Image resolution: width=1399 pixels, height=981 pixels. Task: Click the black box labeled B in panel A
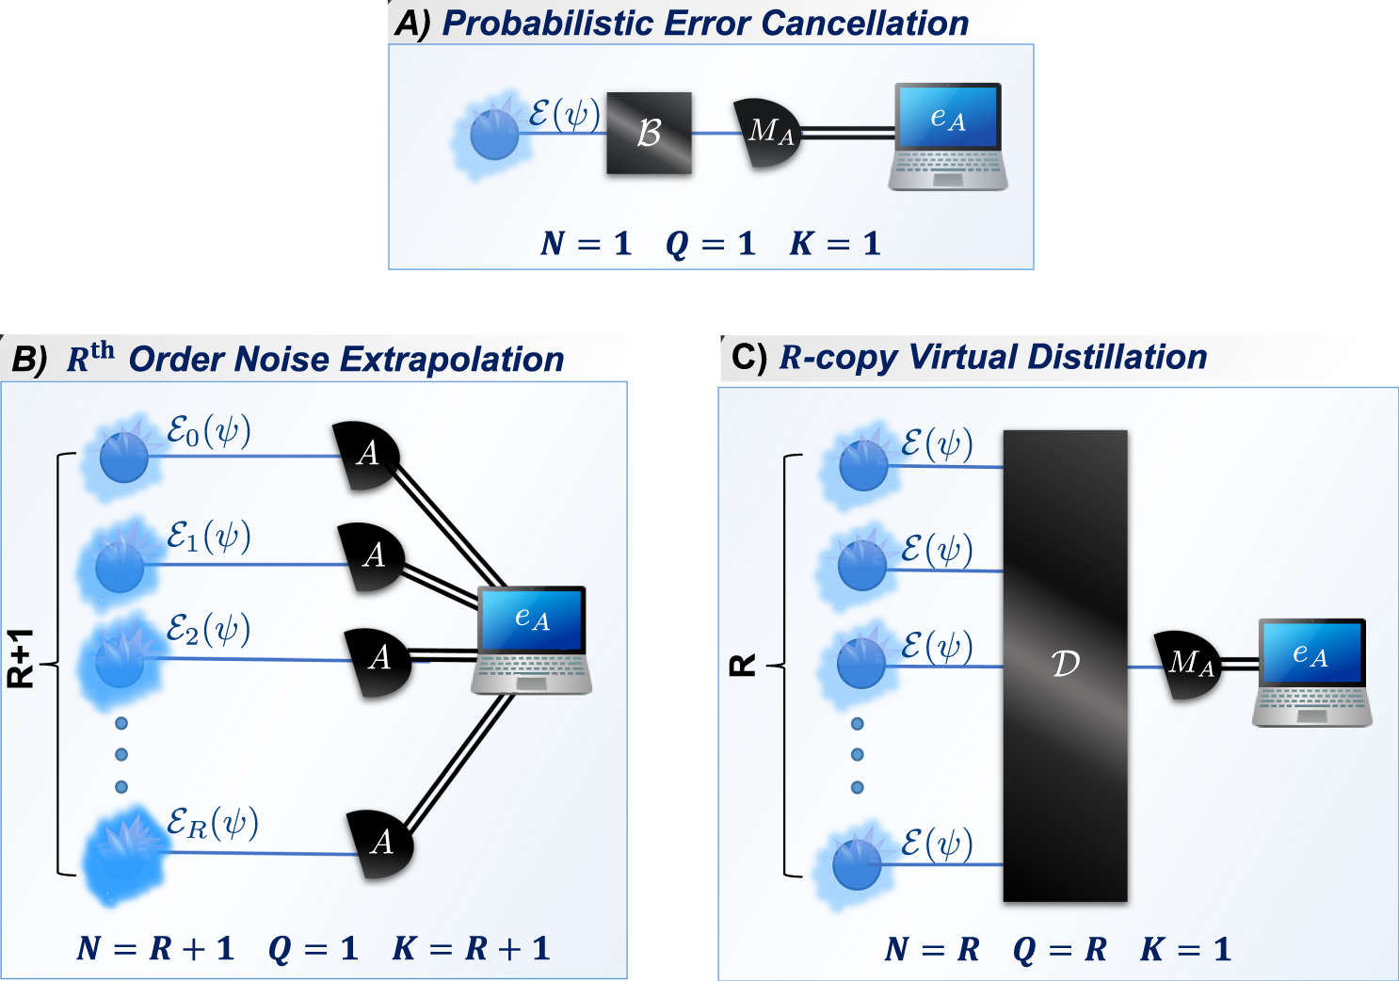coord(649,133)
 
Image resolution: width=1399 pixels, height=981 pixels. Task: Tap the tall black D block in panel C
coord(1065,665)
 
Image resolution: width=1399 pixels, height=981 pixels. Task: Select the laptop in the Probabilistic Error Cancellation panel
coord(948,136)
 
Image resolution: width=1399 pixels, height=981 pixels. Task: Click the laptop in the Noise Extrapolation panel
coord(532,639)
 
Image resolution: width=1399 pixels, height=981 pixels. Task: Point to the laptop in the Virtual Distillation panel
coord(1311,671)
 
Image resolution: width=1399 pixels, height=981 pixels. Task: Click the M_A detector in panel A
coord(767,133)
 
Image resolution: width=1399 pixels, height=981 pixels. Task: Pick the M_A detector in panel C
coord(1187,665)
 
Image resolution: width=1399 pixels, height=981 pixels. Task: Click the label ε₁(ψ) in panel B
coord(208,537)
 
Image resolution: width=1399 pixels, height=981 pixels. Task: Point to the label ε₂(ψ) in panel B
coord(208,629)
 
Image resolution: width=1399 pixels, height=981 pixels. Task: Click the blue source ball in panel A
coord(494,135)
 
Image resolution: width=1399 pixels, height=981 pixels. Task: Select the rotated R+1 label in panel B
coord(21,658)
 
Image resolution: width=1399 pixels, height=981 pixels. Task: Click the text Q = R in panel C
coord(1059,949)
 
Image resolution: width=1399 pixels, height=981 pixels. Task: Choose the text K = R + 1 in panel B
coord(471,948)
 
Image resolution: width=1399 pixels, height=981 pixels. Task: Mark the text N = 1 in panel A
coord(585,244)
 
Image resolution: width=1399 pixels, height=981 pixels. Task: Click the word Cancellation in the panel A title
coord(865,24)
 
